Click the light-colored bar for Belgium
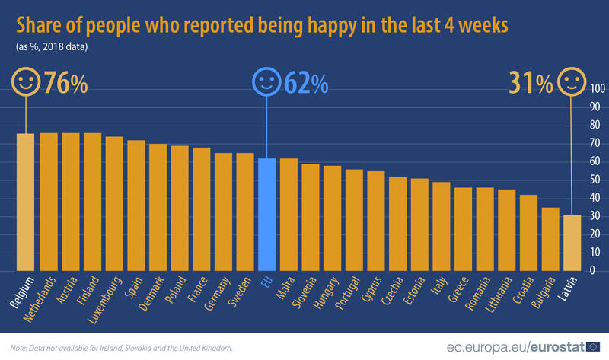coord(26,202)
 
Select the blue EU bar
coord(266,215)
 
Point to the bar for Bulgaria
coord(550,239)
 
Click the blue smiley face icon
coord(266,83)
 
